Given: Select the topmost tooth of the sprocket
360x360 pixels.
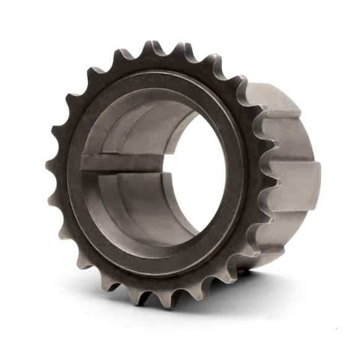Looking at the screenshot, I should [150, 48].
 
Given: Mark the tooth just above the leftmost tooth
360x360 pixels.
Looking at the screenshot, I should [58, 132].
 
